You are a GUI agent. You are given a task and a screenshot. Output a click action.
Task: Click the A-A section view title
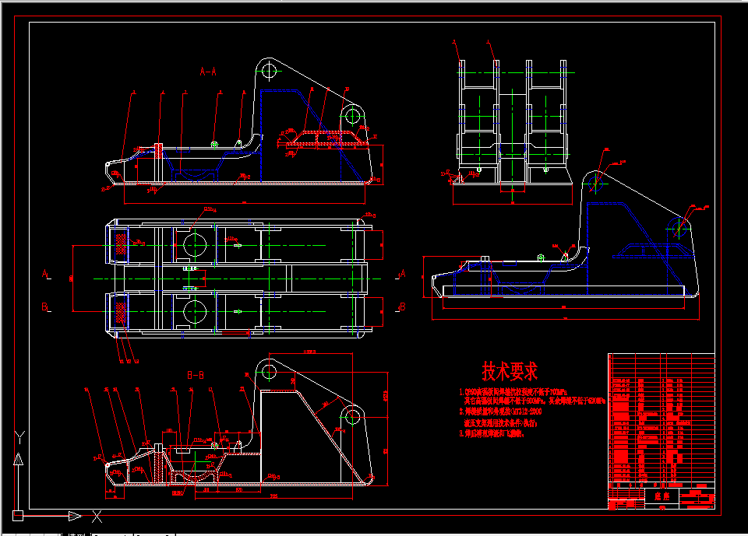tap(208, 72)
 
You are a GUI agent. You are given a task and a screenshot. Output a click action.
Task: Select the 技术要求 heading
tap(510, 371)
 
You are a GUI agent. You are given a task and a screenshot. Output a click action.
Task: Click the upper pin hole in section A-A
tap(270, 71)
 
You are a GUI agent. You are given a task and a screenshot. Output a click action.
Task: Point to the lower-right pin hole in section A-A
tap(352, 117)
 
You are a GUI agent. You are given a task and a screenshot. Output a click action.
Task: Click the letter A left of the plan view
tap(46, 275)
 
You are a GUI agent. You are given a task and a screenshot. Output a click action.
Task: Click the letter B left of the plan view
tap(46, 307)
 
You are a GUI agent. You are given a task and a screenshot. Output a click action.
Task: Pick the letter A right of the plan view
tap(402, 274)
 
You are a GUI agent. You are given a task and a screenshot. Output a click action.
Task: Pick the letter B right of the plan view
tap(402, 307)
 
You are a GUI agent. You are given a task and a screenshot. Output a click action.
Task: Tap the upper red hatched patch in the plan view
tap(122, 244)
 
